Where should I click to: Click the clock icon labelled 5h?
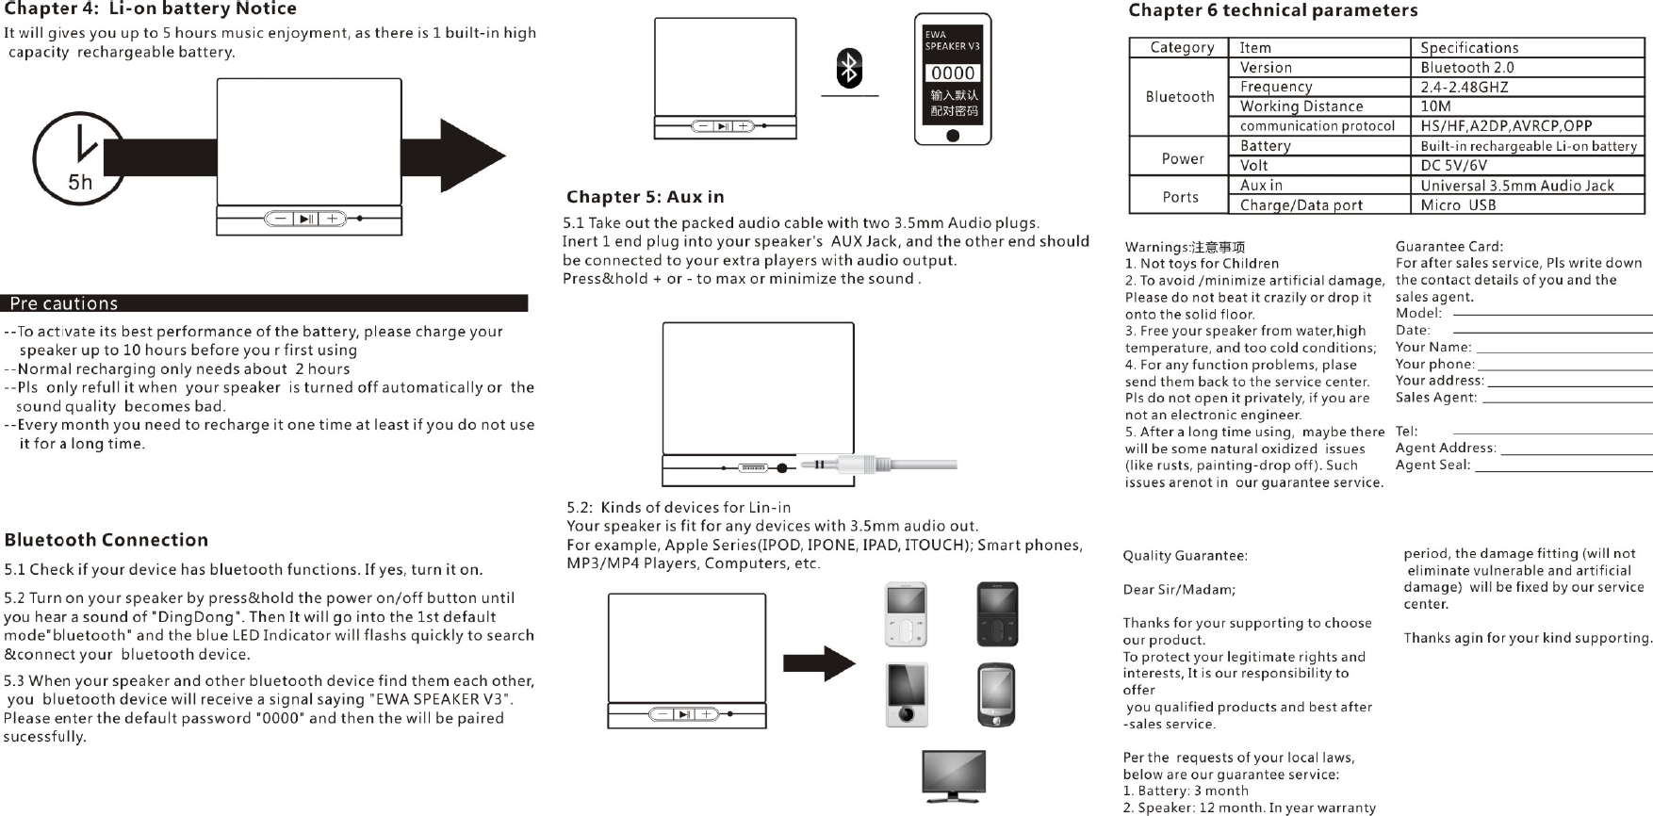pyautogui.click(x=79, y=157)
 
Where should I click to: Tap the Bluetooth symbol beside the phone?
pyautogui.click(x=849, y=68)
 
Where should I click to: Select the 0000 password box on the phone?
pyautogui.click(x=953, y=73)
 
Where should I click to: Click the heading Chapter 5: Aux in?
pyautogui.click(x=645, y=197)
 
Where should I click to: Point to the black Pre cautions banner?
pyautogui.click(x=264, y=303)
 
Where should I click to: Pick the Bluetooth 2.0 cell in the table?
pyautogui.click(x=1466, y=68)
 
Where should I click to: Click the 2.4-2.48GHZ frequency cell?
pyautogui.click(x=1464, y=87)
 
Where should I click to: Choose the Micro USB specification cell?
pyautogui.click(x=1458, y=204)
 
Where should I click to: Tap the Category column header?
pyautogui.click(x=1181, y=47)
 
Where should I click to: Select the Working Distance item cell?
pyautogui.click(x=1301, y=106)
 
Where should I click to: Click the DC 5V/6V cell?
pyautogui.click(x=1453, y=165)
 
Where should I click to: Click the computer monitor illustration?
pyautogui.click(x=954, y=775)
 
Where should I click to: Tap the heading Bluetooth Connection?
pyautogui.click(x=106, y=540)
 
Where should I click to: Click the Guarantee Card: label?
pyautogui.click(x=1448, y=247)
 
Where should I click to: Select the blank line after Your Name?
pyautogui.click(x=1563, y=351)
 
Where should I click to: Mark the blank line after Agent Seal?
pyautogui.click(x=1563, y=468)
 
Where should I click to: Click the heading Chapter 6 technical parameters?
pyautogui.click(x=1272, y=10)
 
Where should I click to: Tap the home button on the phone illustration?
pyautogui.click(x=953, y=136)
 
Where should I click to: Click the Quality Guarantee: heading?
pyautogui.click(x=1185, y=556)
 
